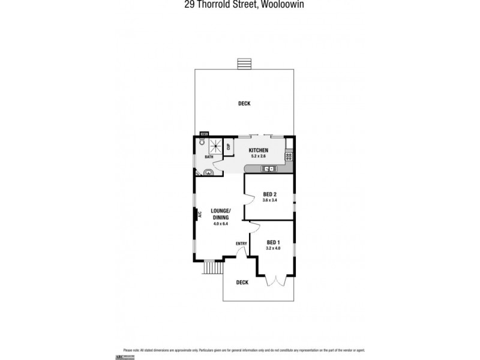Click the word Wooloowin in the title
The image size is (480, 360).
[x=278, y=7]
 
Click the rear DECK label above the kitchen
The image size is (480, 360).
[x=244, y=104]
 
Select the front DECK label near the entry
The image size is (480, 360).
[x=242, y=282]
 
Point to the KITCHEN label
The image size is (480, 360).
[x=259, y=150]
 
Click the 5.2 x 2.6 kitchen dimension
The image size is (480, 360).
[x=259, y=156]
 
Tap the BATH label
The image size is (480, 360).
[x=208, y=157]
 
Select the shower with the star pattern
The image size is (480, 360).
[x=215, y=146]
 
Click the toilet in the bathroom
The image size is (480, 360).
[x=202, y=143]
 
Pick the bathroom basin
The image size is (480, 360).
[x=208, y=172]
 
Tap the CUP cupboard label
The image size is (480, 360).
[x=228, y=148]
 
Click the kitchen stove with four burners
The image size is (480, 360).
[x=289, y=156]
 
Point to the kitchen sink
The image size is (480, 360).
[x=270, y=169]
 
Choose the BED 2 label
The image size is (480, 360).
[x=269, y=194]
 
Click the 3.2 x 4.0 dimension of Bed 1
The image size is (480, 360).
[x=274, y=248]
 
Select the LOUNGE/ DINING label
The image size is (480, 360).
[x=221, y=214]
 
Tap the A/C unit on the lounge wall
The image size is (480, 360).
[x=194, y=214]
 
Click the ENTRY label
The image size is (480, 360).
[x=241, y=243]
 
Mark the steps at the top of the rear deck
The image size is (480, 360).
[x=244, y=64]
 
